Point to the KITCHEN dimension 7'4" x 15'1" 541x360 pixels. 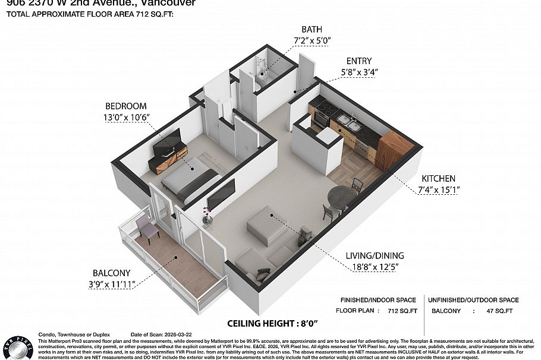click(438, 190)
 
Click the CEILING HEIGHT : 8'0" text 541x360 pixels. click(273, 323)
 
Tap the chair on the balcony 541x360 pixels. click(147, 228)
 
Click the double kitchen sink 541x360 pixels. click(347, 123)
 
